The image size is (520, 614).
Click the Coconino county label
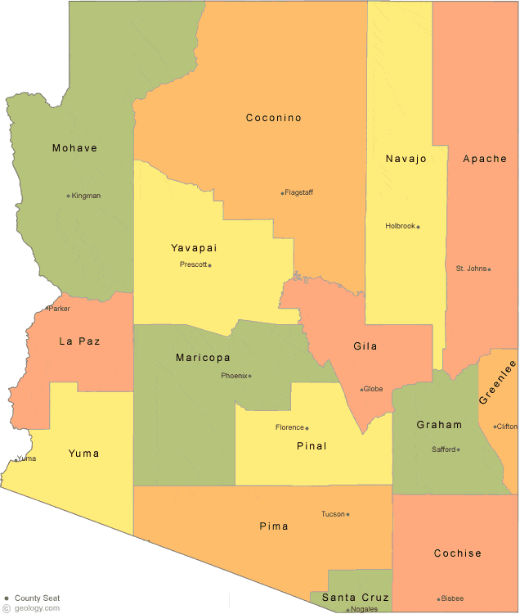pos(274,118)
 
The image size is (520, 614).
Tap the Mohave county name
pos(74,148)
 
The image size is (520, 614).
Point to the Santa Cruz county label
pos(355,598)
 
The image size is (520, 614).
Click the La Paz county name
pos(79,341)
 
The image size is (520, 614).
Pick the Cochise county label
pos(458,553)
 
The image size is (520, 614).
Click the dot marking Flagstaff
pos(283,193)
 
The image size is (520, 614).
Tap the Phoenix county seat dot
pos(250,377)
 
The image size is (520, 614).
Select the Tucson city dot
pos(348,515)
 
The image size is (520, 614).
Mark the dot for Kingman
pos(69,196)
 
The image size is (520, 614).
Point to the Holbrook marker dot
pos(419,227)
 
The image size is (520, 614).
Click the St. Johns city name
pos(471,269)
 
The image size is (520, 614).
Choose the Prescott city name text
pos(193,264)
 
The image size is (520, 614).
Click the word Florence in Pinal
pos(289,427)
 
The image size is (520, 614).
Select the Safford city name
pos(443,449)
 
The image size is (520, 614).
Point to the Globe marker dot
pos(362,390)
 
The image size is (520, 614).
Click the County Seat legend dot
pos(7,598)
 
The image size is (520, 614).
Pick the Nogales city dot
pos(348,610)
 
